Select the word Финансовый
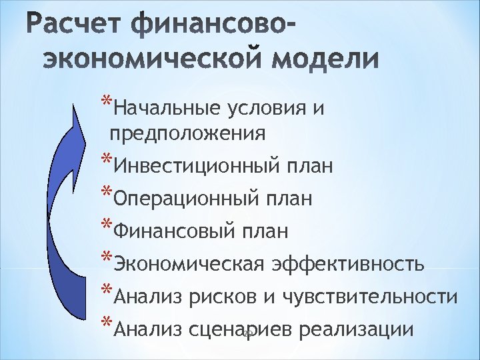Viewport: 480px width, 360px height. click(174, 231)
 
